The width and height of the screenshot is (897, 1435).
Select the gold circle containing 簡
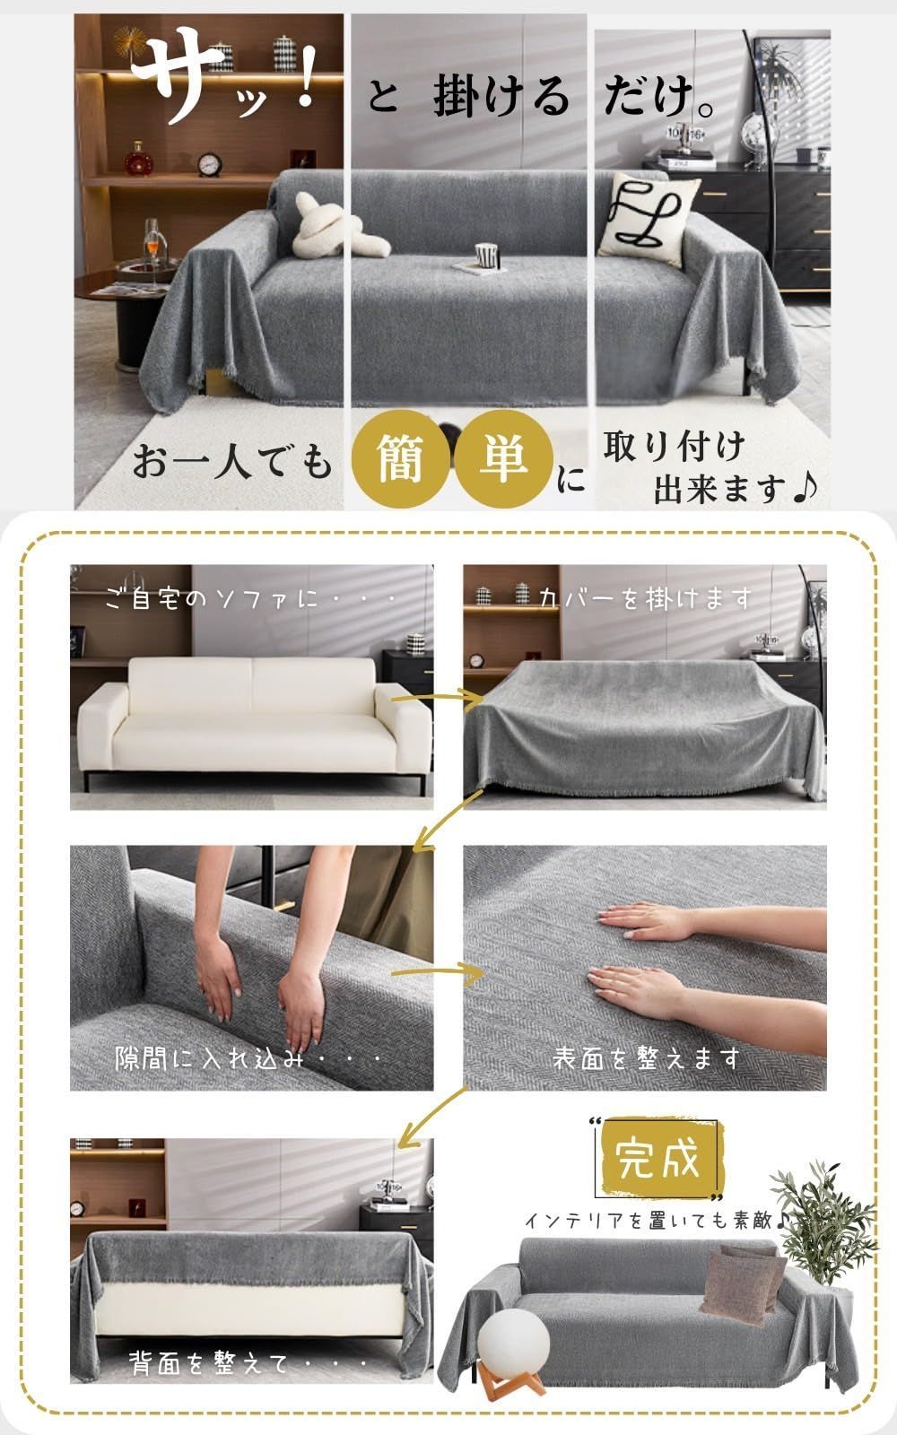pos(401,458)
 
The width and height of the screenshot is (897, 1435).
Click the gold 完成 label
pos(658,1161)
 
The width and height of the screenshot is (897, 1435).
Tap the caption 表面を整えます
pos(646,1058)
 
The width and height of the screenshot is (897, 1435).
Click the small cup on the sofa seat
pos(486,255)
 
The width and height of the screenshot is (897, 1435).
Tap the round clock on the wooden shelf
pos(209,163)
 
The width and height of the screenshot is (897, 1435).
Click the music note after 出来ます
pos(805,488)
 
